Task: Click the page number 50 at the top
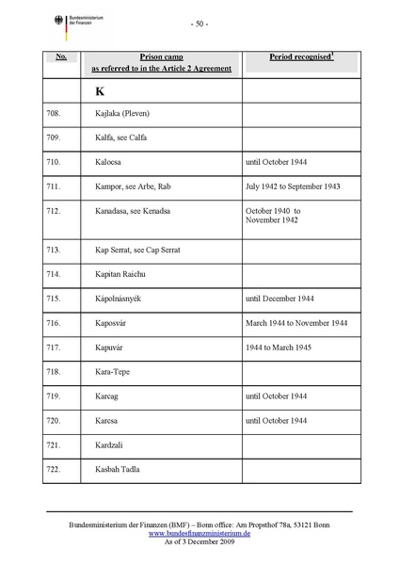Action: pyautogui.click(x=199, y=24)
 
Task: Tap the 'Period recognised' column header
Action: pyautogui.click(x=289, y=57)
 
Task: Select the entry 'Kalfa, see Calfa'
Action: pyautogui.click(x=124, y=138)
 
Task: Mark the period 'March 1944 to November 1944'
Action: pyautogui.click(x=295, y=323)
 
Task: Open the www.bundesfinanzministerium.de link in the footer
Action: pyautogui.click(x=199, y=533)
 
